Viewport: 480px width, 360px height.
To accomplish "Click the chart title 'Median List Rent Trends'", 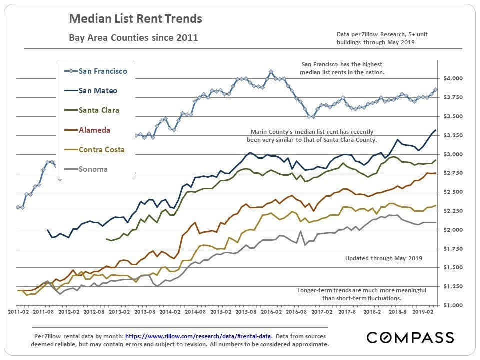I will (135, 19).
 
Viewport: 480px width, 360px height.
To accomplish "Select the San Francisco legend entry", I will (103, 71).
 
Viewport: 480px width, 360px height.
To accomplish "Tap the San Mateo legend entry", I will (98, 90).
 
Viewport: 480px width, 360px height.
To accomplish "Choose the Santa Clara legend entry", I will (99, 110).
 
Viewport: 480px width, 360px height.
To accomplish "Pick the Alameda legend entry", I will (94, 130).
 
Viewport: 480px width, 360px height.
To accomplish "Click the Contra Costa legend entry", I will (102, 149).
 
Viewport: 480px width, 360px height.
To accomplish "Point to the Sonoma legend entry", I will (93, 169).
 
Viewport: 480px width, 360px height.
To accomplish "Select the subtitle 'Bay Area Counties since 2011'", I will (133, 37).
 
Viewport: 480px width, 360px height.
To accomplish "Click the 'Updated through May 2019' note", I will (384, 258).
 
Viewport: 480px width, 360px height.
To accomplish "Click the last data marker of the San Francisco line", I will (435, 90).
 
